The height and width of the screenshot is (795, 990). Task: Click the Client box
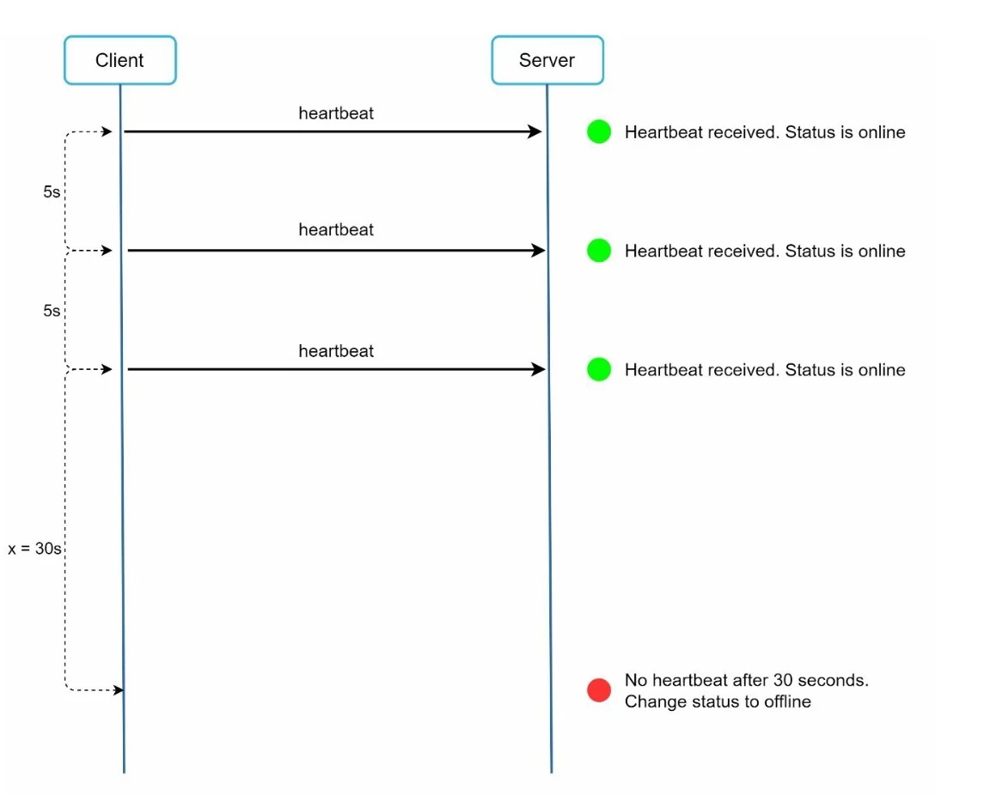click(120, 60)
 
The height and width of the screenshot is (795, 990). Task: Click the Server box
click(547, 60)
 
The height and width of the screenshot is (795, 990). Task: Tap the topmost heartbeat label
click(336, 113)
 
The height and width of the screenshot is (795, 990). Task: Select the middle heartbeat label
click(336, 230)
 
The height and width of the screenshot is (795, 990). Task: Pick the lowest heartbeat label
click(336, 351)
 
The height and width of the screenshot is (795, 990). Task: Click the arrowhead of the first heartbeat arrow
click(535, 131)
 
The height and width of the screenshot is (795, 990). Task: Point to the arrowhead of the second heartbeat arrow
click(539, 251)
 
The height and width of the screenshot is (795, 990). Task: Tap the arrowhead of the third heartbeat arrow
click(539, 369)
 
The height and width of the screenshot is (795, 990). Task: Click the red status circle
click(598, 690)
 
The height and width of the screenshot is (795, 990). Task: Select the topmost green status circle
click(598, 131)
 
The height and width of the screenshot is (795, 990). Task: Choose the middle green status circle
click(598, 251)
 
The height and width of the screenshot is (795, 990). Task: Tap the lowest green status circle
click(598, 369)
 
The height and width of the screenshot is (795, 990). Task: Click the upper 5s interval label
click(52, 191)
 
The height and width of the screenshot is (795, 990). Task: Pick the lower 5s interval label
click(52, 311)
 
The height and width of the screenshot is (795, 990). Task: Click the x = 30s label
click(34, 549)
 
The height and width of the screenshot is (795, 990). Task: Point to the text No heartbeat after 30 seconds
click(747, 680)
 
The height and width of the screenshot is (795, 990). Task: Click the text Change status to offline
click(718, 701)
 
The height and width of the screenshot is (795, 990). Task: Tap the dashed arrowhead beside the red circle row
click(118, 690)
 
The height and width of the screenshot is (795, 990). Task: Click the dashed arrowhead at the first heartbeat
click(107, 131)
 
